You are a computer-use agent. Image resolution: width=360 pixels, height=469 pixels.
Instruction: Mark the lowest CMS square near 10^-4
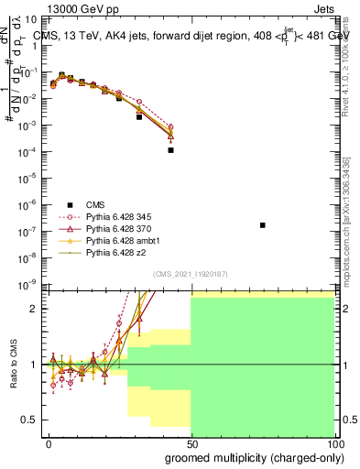tap(170, 150)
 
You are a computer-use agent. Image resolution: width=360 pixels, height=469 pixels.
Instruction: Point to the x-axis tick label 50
tap(191, 442)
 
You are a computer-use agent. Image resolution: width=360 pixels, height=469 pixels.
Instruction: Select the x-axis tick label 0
tap(49, 442)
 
